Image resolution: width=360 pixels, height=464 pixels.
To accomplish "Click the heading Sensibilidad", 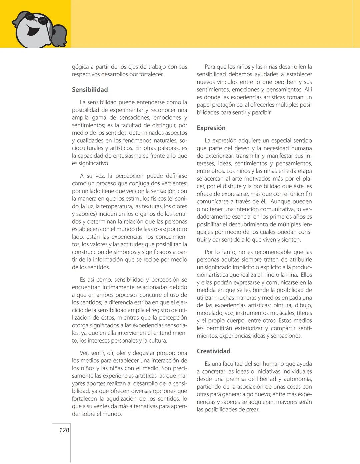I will coord(90,90).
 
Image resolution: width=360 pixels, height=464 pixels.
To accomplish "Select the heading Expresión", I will coord(211,128).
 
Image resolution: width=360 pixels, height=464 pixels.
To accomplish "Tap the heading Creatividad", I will coord(213,351).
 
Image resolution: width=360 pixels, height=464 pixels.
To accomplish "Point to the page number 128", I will coord(64,430).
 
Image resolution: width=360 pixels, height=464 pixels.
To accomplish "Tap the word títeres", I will coord(304,313).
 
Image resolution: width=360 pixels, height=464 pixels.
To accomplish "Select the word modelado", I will coord(209,313).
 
